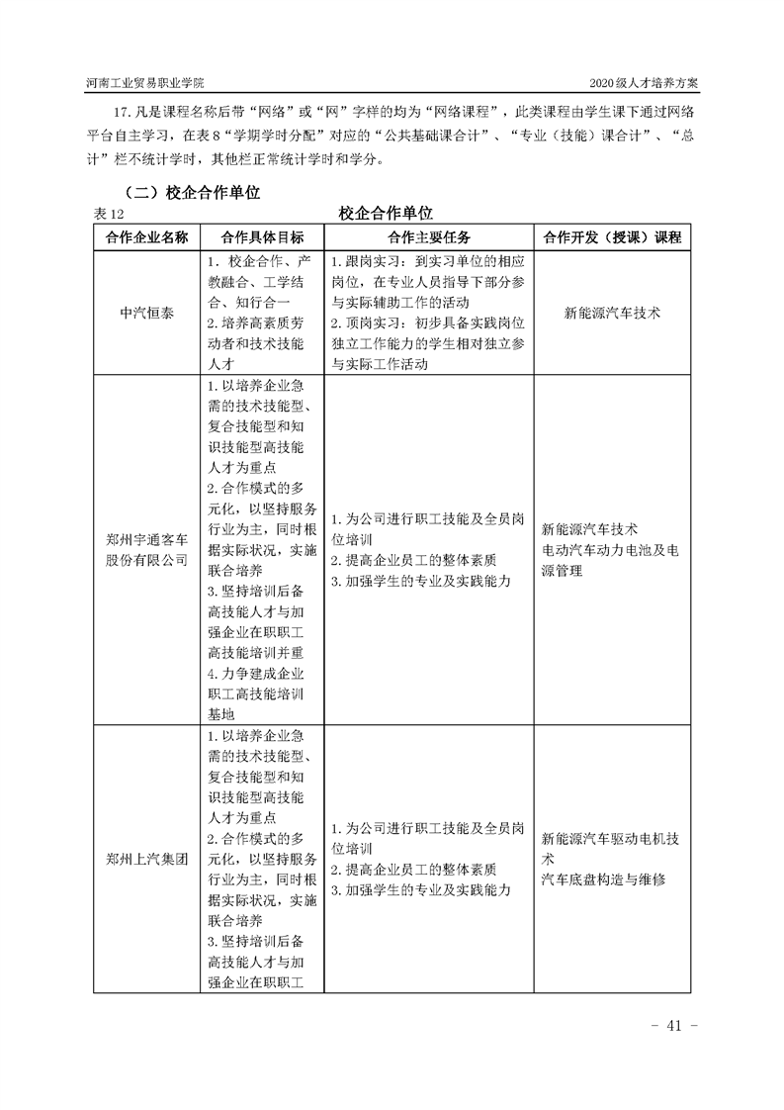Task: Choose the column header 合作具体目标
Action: point(262,238)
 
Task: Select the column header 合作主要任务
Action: point(429,238)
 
